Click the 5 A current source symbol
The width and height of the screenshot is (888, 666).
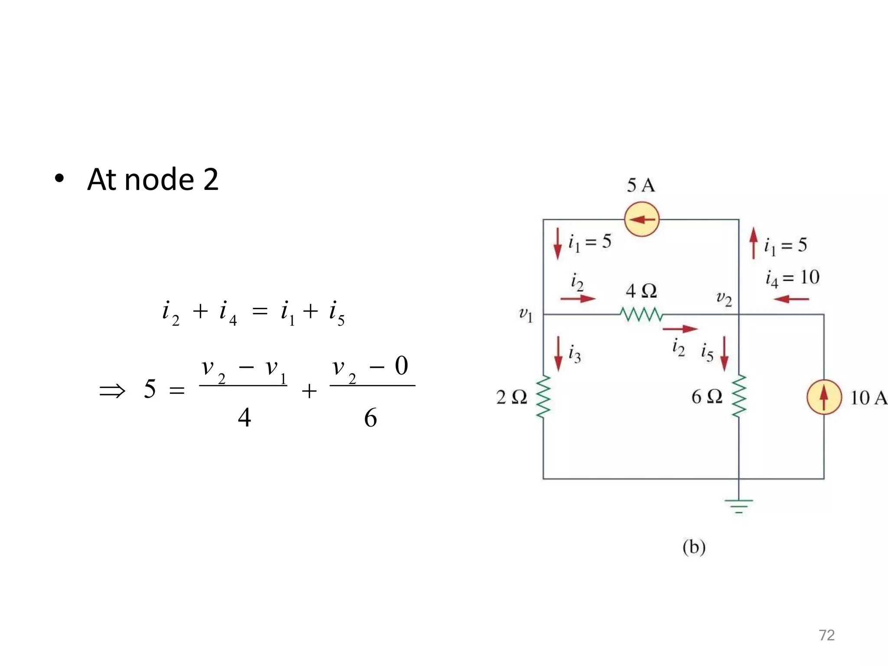(x=642, y=219)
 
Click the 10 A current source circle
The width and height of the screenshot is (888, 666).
(x=824, y=397)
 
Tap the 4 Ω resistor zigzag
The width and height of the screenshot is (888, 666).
(x=641, y=314)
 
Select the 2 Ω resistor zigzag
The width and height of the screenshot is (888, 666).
(x=543, y=397)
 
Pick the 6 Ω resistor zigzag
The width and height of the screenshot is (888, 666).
(x=739, y=396)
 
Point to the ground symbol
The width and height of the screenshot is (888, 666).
(x=739, y=506)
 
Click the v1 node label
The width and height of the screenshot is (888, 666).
(x=526, y=314)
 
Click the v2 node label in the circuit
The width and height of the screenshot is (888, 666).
(x=724, y=299)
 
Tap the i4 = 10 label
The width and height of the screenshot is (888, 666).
(x=792, y=278)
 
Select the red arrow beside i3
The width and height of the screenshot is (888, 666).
(x=558, y=354)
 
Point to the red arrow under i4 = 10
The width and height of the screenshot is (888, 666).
(x=791, y=299)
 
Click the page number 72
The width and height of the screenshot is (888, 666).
(x=826, y=635)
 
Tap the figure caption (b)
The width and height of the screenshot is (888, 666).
(x=694, y=547)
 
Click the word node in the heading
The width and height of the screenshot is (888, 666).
(x=159, y=180)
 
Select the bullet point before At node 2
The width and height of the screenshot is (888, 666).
(x=59, y=179)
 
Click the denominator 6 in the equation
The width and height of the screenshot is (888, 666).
(x=370, y=418)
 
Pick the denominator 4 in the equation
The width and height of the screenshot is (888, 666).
(x=245, y=418)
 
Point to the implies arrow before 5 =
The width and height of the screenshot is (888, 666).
(x=112, y=391)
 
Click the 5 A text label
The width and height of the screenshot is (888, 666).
(x=641, y=186)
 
